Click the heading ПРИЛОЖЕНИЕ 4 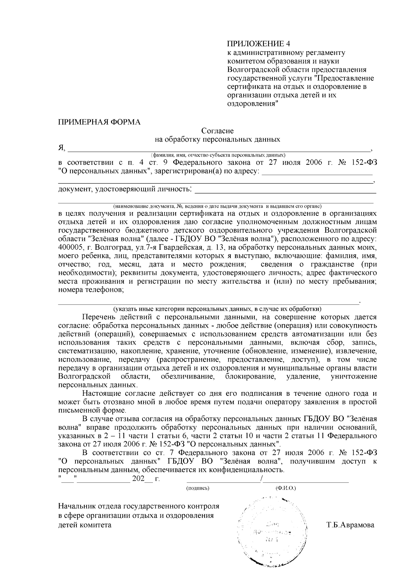click(258, 44)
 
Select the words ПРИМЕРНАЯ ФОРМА click(99, 122)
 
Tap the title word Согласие click(218, 131)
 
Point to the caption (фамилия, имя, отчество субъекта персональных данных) click(218, 155)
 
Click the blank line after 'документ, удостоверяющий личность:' click(286, 192)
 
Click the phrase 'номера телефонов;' click(91, 290)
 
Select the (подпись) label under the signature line click(198, 488)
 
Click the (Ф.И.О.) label click(286, 488)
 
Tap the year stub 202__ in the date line click(142, 479)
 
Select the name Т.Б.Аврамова click(350, 525)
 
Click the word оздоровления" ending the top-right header click(252, 104)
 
